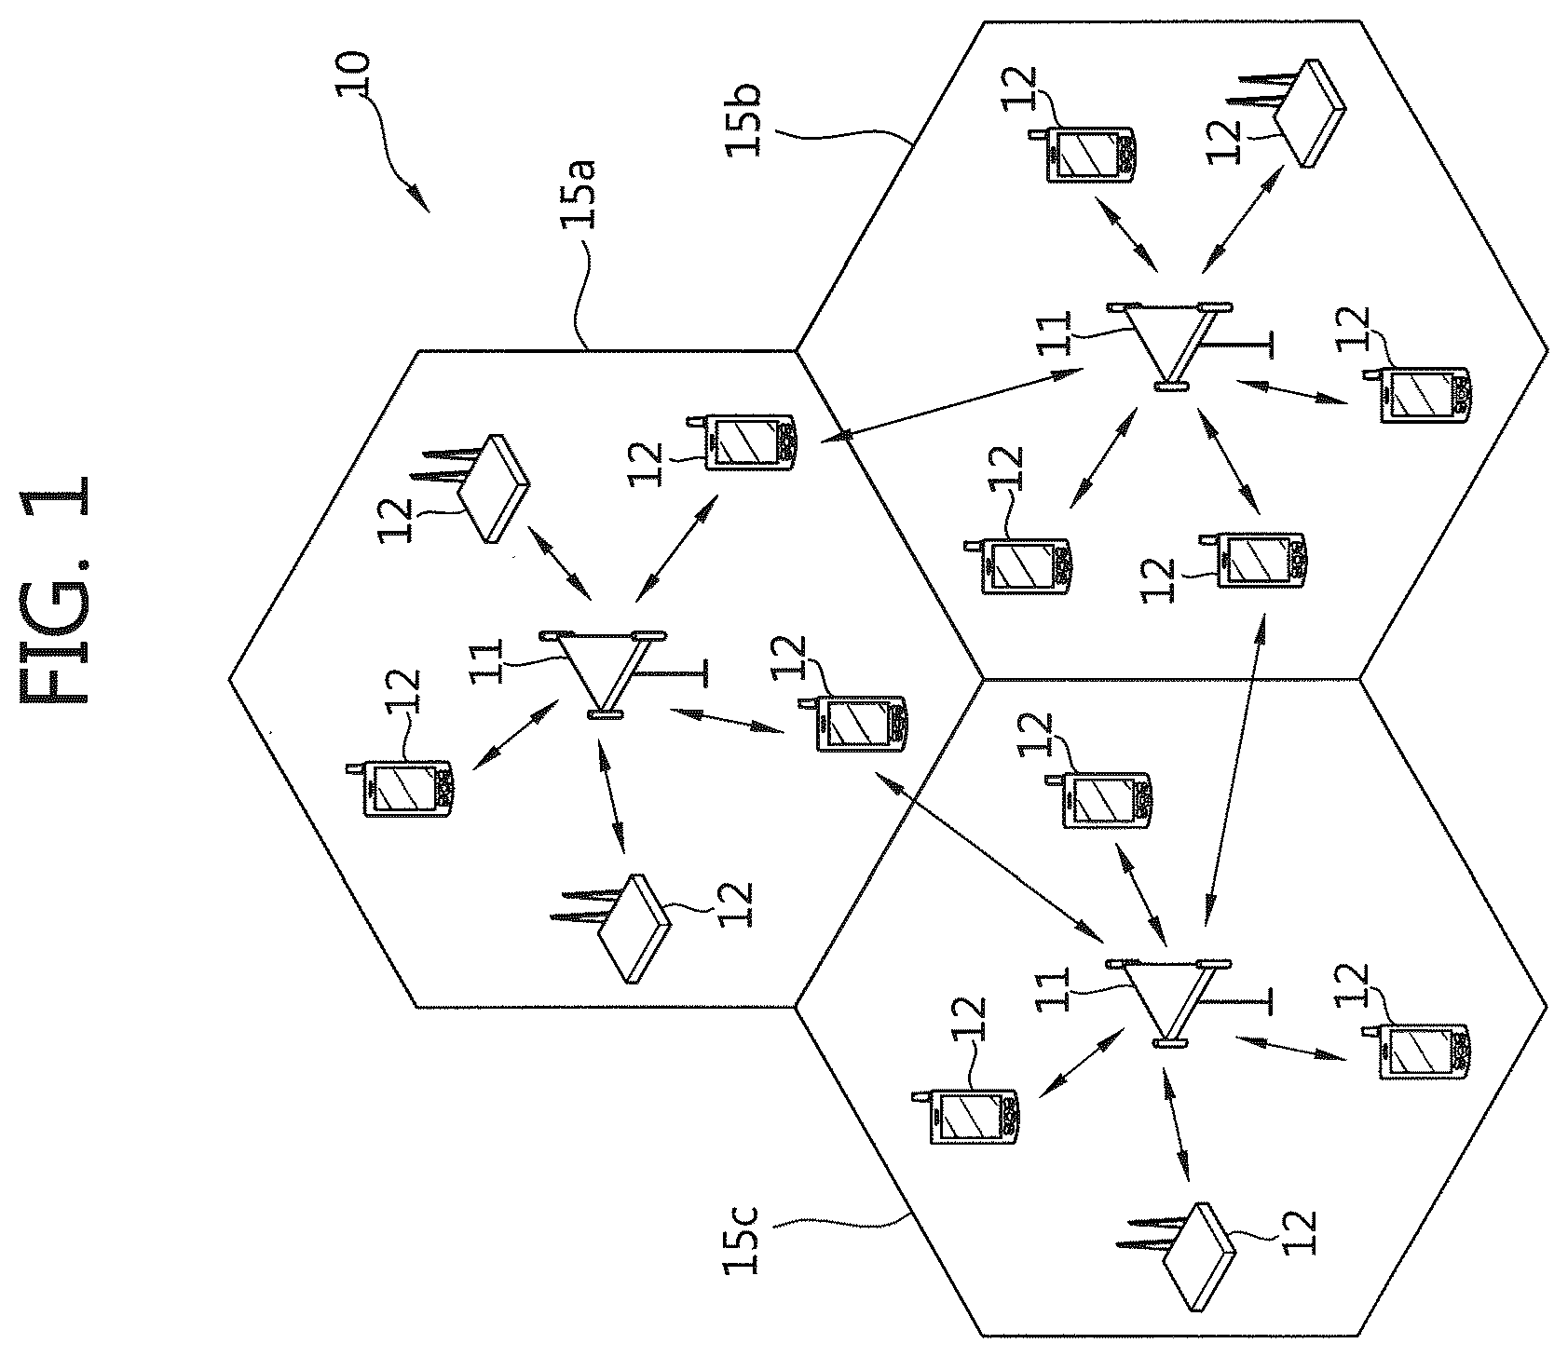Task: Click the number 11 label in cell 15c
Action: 1052,989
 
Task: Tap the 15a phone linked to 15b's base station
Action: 750,443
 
